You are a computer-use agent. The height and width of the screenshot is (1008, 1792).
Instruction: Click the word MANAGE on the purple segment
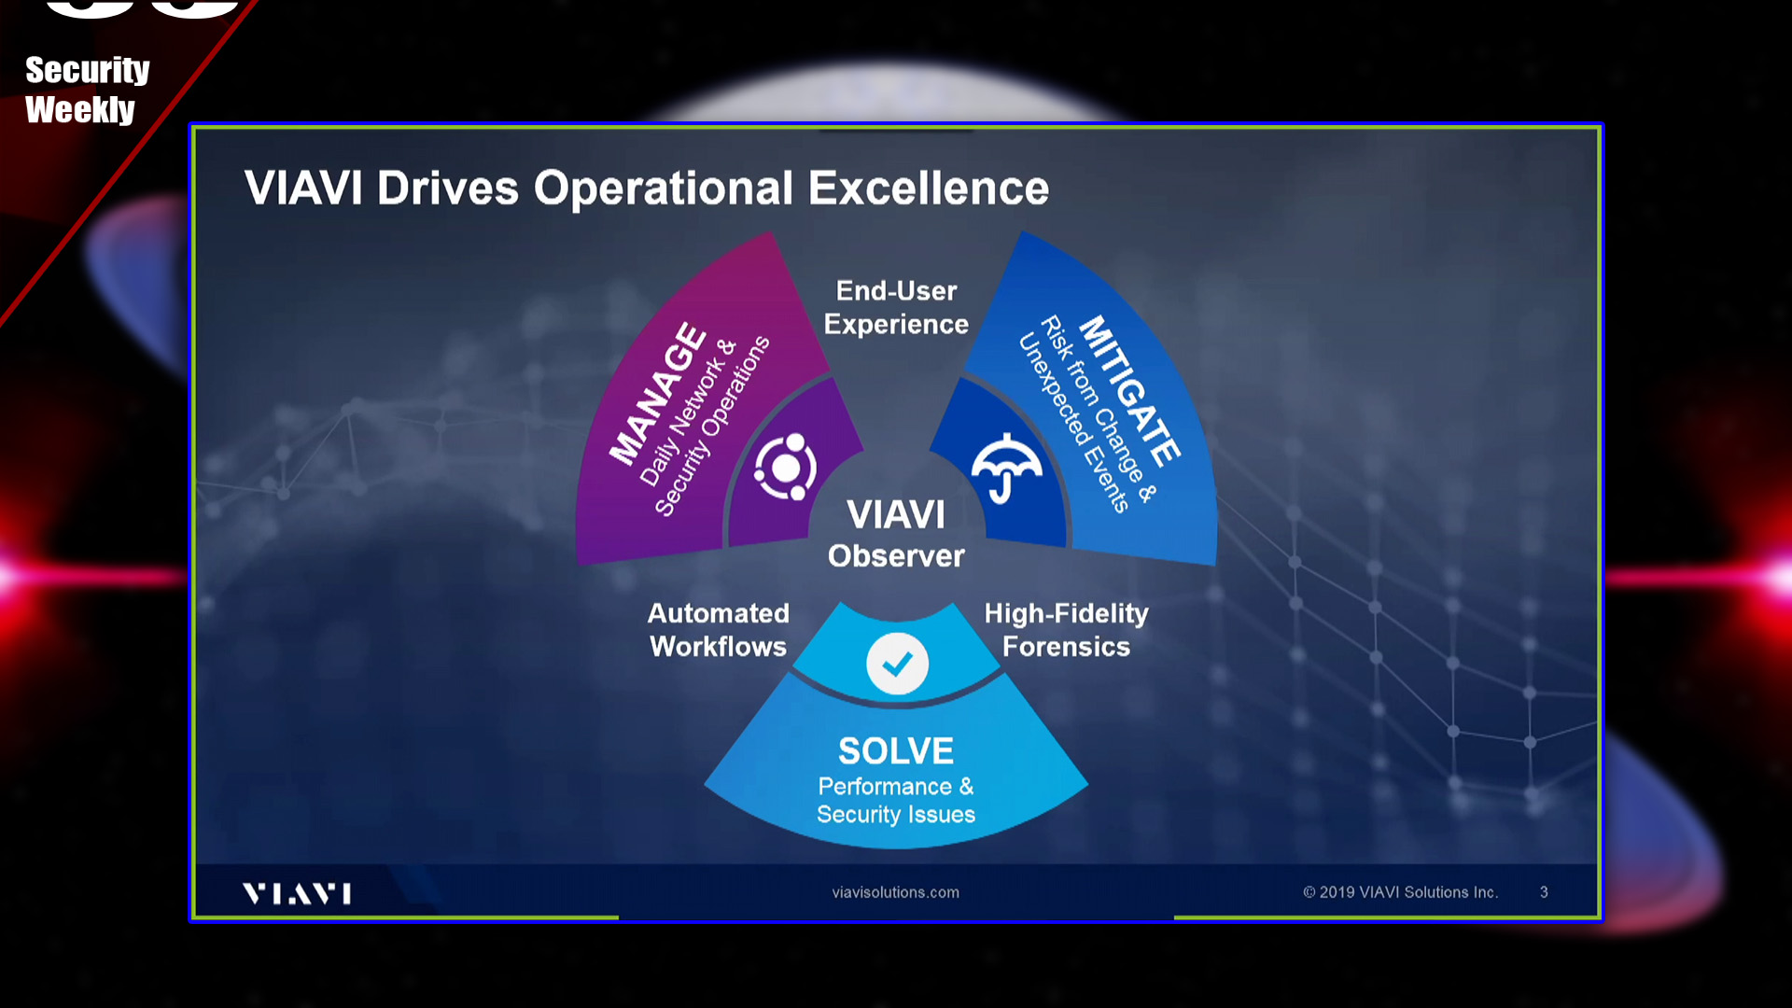[659, 393]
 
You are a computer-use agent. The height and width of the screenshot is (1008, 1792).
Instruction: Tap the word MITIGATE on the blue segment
[1130, 391]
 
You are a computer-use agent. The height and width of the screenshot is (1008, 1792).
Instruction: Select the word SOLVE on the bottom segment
[896, 751]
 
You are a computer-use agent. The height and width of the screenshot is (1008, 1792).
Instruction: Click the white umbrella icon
[1006, 468]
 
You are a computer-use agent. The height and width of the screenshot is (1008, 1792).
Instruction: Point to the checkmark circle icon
[897, 664]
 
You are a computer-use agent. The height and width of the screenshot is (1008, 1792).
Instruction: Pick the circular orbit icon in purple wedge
[786, 467]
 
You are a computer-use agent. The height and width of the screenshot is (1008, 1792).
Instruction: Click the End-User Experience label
[896, 307]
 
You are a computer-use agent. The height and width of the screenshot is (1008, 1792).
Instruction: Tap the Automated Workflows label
[719, 630]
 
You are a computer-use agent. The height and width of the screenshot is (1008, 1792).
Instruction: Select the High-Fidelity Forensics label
[1066, 630]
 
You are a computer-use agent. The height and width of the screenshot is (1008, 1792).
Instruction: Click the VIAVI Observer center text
[896, 534]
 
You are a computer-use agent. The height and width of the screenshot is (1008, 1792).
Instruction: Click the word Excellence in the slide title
[929, 189]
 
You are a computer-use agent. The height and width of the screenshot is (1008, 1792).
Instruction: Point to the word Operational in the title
[663, 189]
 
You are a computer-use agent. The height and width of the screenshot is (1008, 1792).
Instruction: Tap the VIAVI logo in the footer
[297, 893]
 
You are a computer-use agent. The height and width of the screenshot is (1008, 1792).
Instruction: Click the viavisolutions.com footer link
[896, 892]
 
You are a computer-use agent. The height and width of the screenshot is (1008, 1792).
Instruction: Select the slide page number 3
[1544, 892]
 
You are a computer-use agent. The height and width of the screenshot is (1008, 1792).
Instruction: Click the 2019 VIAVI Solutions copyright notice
[1401, 892]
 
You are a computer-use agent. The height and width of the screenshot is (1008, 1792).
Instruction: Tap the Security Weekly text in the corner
[87, 90]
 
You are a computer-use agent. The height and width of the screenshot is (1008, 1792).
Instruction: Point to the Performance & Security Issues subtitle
[896, 800]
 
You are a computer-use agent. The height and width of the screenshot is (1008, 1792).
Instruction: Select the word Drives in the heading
[447, 189]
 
